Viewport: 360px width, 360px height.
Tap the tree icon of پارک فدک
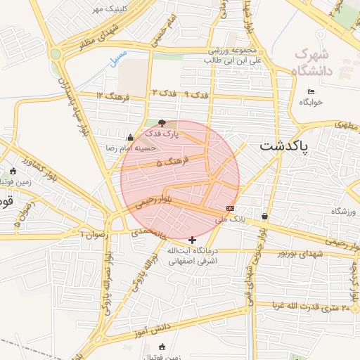pos(163,123)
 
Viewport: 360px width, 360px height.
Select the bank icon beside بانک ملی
pos(230,208)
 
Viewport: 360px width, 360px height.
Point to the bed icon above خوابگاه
pos(311,91)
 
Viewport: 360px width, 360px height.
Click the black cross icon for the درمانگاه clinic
pos(193,240)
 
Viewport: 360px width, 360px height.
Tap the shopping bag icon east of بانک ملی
pos(264,216)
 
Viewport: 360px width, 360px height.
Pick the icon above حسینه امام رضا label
pos(129,137)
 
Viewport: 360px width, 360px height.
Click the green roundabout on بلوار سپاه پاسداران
pos(56,53)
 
